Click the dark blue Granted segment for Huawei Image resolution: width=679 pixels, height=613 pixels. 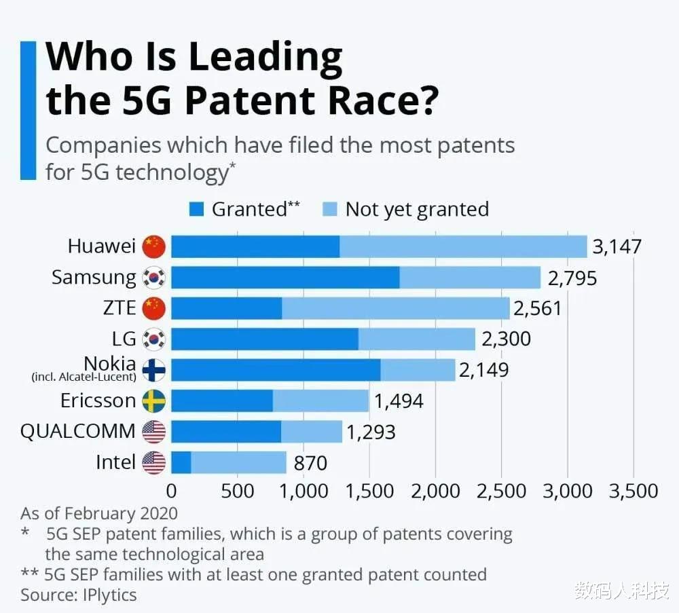click(x=255, y=246)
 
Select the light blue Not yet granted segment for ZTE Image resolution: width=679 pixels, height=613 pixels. click(x=395, y=308)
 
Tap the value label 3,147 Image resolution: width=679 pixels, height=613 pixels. click(x=617, y=246)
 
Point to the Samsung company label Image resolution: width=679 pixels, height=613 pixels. click(x=94, y=277)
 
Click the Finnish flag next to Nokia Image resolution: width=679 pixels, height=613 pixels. click(x=154, y=370)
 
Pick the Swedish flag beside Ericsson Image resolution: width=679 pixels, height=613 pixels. click(x=154, y=401)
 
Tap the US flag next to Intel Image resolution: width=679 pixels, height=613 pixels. click(x=154, y=463)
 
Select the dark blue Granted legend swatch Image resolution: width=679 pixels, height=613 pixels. click(x=197, y=209)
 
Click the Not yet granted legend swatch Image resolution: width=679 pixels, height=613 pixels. click(x=330, y=209)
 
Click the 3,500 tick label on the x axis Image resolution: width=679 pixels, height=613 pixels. click(x=633, y=491)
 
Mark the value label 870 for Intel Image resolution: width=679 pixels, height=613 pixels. click(x=310, y=464)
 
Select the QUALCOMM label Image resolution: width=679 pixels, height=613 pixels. click(x=78, y=431)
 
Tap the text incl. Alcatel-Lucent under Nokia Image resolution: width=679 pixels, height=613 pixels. click(x=84, y=377)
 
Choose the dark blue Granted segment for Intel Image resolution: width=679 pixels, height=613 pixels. click(x=181, y=463)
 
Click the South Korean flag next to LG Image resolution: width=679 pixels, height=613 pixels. click(x=154, y=339)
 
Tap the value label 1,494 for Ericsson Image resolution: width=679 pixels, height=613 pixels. click(x=399, y=401)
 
